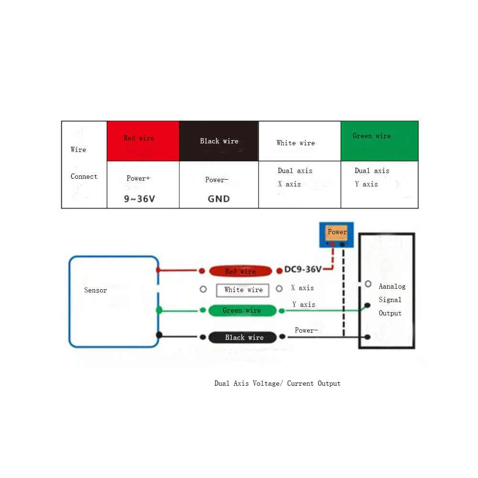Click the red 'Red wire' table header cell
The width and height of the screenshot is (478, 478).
click(x=143, y=141)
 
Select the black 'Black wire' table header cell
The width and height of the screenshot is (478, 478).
click(x=218, y=141)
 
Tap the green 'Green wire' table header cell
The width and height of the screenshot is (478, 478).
click(x=379, y=141)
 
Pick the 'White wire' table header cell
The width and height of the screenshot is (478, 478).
click(x=299, y=141)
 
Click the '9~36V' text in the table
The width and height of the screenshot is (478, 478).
click(x=140, y=199)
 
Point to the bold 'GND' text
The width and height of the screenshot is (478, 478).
click(x=218, y=199)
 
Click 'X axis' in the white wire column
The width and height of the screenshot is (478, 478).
click(x=289, y=184)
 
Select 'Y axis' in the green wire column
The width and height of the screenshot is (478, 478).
click(x=366, y=184)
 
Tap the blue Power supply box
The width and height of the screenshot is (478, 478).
click(x=337, y=234)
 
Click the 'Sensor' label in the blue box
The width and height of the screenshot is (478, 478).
click(x=96, y=290)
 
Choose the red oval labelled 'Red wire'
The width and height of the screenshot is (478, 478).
click(x=240, y=272)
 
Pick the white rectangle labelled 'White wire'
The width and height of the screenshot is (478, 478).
click(x=243, y=290)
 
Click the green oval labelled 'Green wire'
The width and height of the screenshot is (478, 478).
click(x=242, y=311)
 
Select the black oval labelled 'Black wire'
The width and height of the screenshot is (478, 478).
click(x=243, y=337)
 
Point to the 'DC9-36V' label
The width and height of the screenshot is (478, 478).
click(x=304, y=270)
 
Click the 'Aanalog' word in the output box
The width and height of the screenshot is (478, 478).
click(x=392, y=286)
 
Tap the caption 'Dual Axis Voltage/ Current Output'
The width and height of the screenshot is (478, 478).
click(x=277, y=383)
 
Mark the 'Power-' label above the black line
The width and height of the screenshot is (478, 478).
click(x=306, y=330)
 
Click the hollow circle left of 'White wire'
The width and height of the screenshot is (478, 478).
click(x=203, y=289)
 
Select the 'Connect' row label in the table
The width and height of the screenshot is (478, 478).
click(x=84, y=176)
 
